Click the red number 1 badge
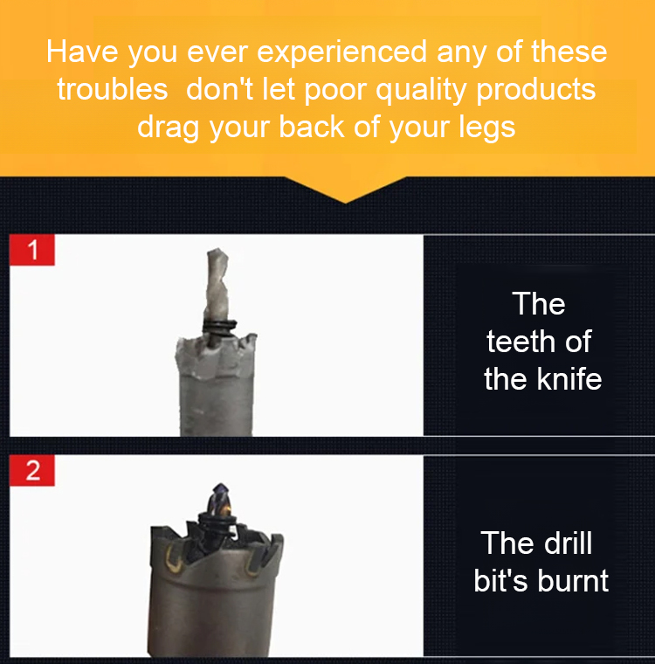coord(32,250)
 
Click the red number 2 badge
coord(32,470)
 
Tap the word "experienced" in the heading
coord(342,52)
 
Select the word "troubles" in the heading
coord(113,89)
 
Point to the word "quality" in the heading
coord(421,91)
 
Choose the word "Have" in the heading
coord(82,52)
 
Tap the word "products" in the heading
coord(536,91)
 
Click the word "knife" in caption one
coord(569,379)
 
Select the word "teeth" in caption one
coord(521,342)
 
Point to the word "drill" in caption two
coord(568,543)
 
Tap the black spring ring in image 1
coord(219,327)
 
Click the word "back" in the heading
coord(311,127)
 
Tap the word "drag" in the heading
coord(168,128)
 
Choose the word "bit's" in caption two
coord(501,581)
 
